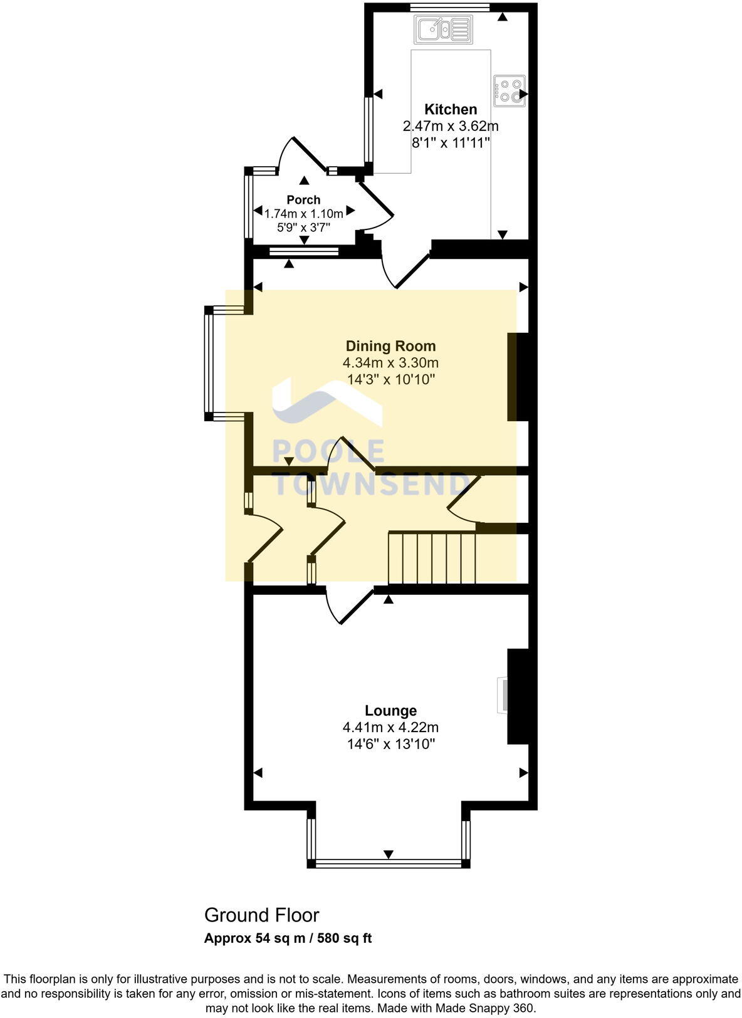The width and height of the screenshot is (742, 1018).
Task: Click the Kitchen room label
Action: click(x=451, y=109)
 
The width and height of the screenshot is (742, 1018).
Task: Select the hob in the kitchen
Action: click(x=509, y=90)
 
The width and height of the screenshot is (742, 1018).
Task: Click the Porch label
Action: click(x=303, y=200)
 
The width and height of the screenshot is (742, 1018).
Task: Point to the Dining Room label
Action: click(x=390, y=346)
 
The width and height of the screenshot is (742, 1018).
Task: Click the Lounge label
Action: click(x=390, y=711)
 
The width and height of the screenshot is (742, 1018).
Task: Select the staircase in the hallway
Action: click(x=432, y=558)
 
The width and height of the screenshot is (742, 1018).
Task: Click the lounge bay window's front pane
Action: click(x=389, y=863)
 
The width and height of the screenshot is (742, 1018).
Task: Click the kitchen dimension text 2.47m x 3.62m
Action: click(x=451, y=126)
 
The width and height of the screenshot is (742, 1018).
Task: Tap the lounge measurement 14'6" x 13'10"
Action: click(x=390, y=745)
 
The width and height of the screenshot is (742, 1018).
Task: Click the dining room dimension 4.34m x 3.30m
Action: click(x=390, y=363)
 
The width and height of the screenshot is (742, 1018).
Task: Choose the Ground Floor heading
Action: click(x=261, y=915)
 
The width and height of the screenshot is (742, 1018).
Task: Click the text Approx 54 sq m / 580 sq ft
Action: click(x=288, y=938)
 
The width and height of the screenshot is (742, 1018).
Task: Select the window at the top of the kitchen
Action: click(x=450, y=8)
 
